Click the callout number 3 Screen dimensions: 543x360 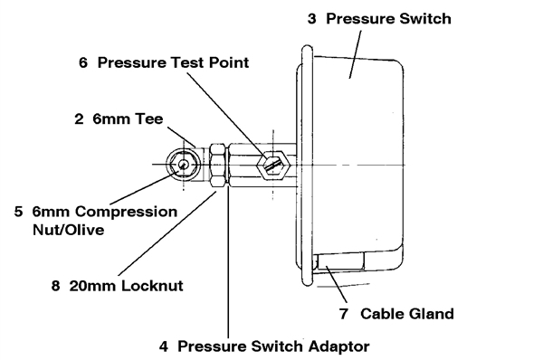pos(311,19)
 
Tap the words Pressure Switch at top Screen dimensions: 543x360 pos(388,19)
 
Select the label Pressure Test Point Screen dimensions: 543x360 pos(173,62)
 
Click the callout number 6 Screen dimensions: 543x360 pos(83,62)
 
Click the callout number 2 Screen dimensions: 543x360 pos(79,119)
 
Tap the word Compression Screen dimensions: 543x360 pos(126,212)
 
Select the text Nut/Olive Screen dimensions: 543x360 pos(68,230)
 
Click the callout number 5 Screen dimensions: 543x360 pos(18,212)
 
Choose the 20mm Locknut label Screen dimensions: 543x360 pos(126,286)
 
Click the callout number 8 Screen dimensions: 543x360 pos(55,286)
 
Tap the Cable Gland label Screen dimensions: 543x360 pos(407,314)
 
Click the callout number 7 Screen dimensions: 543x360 pos(344,314)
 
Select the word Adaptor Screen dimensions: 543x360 pos(339,346)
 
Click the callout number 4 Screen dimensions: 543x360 pos(164,346)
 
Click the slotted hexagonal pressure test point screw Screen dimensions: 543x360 pos(273,165)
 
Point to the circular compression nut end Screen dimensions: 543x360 pos(183,165)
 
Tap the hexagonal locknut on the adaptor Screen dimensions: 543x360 pos(218,166)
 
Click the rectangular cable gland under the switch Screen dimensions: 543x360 pos(341,261)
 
